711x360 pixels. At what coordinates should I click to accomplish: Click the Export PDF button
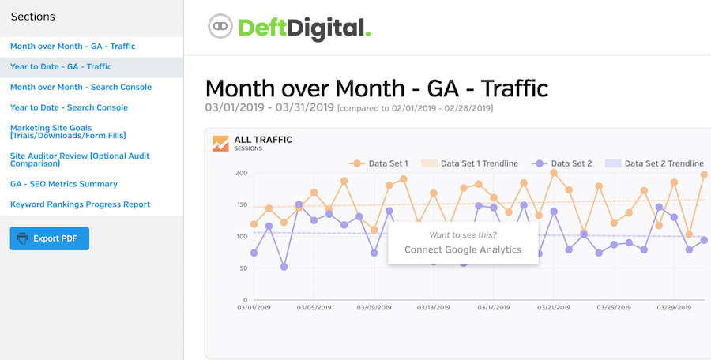pyautogui.click(x=50, y=238)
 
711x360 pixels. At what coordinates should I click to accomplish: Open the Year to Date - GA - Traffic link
pyautogui.click(x=61, y=67)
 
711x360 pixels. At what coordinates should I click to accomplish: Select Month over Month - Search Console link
pyautogui.click(x=81, y=88)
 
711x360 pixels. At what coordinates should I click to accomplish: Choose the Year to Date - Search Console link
pyautogui.click(x=69, y=108)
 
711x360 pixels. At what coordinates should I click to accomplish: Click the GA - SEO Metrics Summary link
pyautogui.click(x=64, y=184)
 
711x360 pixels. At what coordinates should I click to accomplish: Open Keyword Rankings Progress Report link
pyautogui.click(x=80, y=204)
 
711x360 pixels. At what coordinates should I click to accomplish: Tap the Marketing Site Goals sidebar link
pyautogui.click(x=68, y=132)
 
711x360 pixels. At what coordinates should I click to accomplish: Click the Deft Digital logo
pyautogui.click(x=289, y=27)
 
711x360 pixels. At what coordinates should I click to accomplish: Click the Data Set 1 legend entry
pyautogui.click(x=380, y=163)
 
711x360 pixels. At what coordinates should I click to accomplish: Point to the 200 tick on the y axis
pyautogui.click(x=242, y=173)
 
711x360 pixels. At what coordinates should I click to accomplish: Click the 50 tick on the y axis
pyautogui.click(x=244, y=268)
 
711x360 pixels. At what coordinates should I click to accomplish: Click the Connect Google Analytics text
pyautogui.click(x=463, y=249)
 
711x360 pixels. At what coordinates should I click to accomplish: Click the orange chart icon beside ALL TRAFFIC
pyautogui.click(x=220, y=143)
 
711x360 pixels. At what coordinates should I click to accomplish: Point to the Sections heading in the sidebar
pyautogui.click(x=33, y=17)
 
